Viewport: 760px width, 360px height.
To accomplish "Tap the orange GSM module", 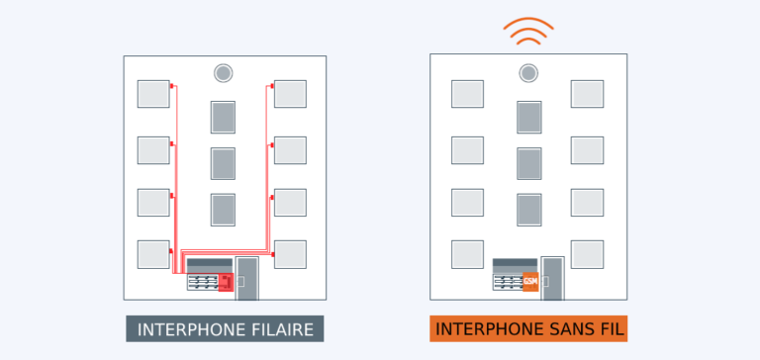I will pyautogui.click(x=529, y=281).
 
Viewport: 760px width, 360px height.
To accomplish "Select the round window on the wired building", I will pyautogui.click(x=223, y=73).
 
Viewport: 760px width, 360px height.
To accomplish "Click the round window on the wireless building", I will pyautogui.click(x=529, y=73).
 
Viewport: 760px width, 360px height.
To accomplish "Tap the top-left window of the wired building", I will pyautogui.click(x=153, y=94).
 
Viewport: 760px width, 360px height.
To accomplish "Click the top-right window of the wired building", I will pyautogui.click(x=290, y=94).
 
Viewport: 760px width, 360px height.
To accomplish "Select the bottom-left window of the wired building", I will pyautogui.click(x=153, y=254).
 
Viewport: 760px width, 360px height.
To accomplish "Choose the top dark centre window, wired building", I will pyautogui.click(x=223, y=117).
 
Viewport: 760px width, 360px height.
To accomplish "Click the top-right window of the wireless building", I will pyautogui.click(x=587, y=94).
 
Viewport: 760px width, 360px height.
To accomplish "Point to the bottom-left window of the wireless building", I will pyautogui.click(x=467, y=254).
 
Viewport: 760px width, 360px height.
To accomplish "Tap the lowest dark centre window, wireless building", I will pyautogui.click(x=529, y=210).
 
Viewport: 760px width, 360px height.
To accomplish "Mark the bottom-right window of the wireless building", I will pyautogui.click(x=587, y=254).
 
